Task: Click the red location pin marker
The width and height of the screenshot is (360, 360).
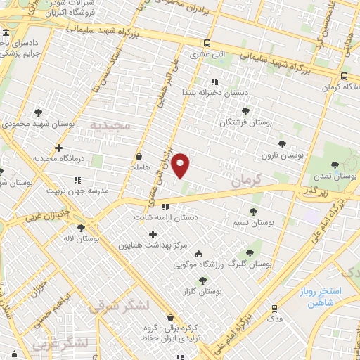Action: [x=181, y=165]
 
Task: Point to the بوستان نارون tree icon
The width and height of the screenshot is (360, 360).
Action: [x=283, y=143]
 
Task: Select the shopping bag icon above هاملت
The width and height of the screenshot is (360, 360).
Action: [x=139, y=156]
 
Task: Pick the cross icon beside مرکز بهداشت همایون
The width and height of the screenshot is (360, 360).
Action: [x=153, y=233]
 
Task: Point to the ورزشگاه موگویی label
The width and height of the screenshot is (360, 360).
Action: [x=200, y=266]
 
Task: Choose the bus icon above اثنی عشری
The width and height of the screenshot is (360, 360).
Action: [x=205, y=42]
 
